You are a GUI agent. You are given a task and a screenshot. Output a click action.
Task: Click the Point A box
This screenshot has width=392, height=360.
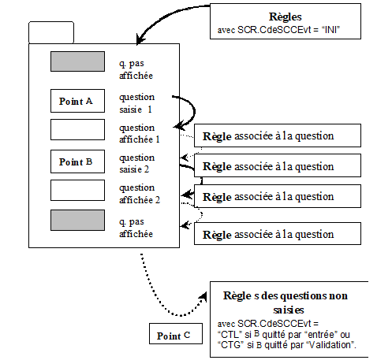77,102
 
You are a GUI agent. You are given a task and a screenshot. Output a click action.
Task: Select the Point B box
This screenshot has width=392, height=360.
77,161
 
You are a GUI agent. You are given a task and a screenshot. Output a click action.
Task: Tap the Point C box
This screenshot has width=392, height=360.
174,335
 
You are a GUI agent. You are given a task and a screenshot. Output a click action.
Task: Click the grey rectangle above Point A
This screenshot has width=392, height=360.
77,61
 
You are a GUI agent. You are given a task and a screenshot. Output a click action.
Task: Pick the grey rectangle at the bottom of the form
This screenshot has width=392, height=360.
77,220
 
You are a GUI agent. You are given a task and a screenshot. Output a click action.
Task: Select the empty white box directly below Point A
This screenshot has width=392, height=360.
77,128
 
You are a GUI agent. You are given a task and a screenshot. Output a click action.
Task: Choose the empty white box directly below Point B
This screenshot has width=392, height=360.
77,190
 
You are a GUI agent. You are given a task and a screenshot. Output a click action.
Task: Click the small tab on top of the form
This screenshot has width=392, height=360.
51,32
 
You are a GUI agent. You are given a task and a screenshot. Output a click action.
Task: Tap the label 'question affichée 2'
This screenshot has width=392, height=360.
139,194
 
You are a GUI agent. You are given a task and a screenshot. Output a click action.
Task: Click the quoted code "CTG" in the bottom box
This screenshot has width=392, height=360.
231,345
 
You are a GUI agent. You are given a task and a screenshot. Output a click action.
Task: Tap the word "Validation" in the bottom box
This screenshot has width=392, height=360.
333,345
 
